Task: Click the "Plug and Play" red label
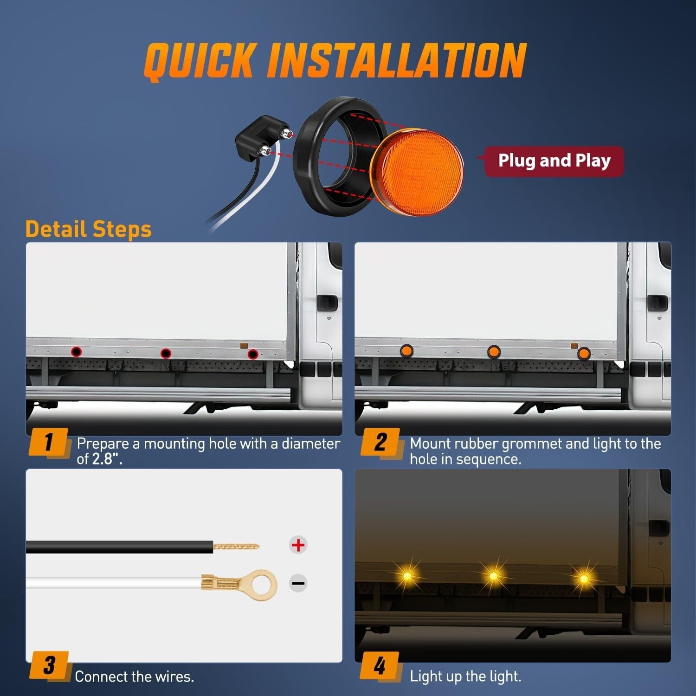(x=554, y=161)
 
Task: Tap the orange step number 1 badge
(x=49, y=442)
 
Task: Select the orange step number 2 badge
(x=380, y=442)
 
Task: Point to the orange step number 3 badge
(x=49, y=665)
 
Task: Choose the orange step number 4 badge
(x=380, y=665)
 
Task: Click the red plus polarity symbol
(x=298, y=545)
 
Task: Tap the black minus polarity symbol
(x=298, y=583)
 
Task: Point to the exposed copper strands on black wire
(x=236, y=546)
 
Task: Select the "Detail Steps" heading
(x=89, y=229)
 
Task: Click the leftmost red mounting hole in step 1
(x=77, y=351)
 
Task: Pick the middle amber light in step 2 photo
(x=494, y=351)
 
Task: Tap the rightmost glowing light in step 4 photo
(x=584, y=578)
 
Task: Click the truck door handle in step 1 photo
(x=327, y=303)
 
